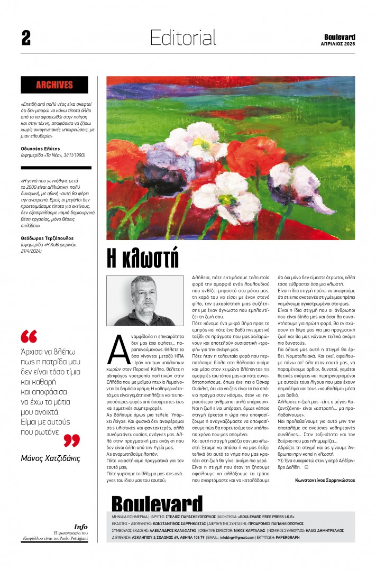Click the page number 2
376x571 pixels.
click(x=26, y=38)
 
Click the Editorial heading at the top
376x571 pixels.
click(x=183, y=38)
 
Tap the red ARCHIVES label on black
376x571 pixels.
click(x=54, y=85)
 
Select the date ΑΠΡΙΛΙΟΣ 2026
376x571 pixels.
click(x=338, y=44)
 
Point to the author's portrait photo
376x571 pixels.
click(x=145, y=301)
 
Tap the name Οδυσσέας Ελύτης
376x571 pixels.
click(x=40, y=149)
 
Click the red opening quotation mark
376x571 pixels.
click(x=29, y=336)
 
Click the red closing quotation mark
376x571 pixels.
click(x=71, y=440)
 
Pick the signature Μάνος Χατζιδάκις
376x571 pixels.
click(x=50, y=458)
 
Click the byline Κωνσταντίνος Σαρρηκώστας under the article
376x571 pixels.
click(x=325, y=480)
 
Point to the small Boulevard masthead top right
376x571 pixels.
click(x=340, y=37)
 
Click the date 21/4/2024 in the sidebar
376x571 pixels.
click(x=31, y=251)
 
